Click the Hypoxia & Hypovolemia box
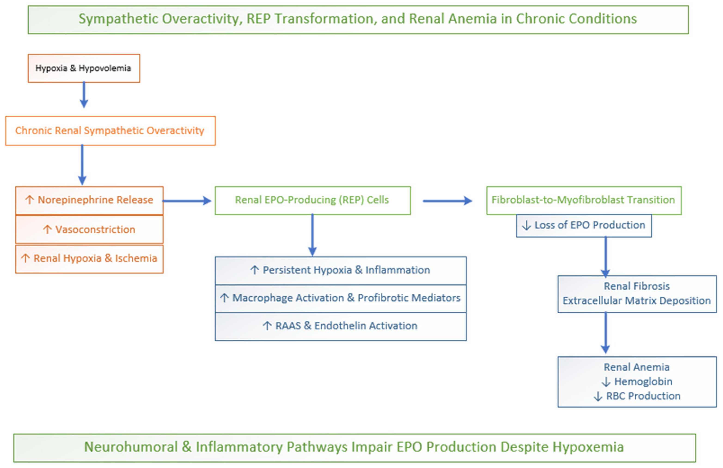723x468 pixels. tap(84, 68)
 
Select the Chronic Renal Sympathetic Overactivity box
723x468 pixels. tap(110, 131)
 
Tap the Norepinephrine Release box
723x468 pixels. tap(89, 201)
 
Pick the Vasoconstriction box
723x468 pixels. tap(89, 229)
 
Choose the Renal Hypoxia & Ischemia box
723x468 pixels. tap(89, 259)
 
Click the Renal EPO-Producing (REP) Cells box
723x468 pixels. tap(313, 201)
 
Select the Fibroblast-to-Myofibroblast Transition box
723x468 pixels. tap(584, 201)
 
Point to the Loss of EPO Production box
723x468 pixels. tap(584, 226)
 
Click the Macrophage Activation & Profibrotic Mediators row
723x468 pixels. tap(341, 299)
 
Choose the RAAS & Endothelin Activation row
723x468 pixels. tap(341, 326)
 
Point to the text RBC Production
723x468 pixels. tap(643, 396)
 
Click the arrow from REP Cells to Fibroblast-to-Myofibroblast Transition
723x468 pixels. tap(448, 201)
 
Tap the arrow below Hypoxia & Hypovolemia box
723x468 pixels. tap(84, 95)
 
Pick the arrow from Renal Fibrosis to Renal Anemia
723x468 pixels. tap(605, 333)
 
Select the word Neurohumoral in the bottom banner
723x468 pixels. tap(131, 447)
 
